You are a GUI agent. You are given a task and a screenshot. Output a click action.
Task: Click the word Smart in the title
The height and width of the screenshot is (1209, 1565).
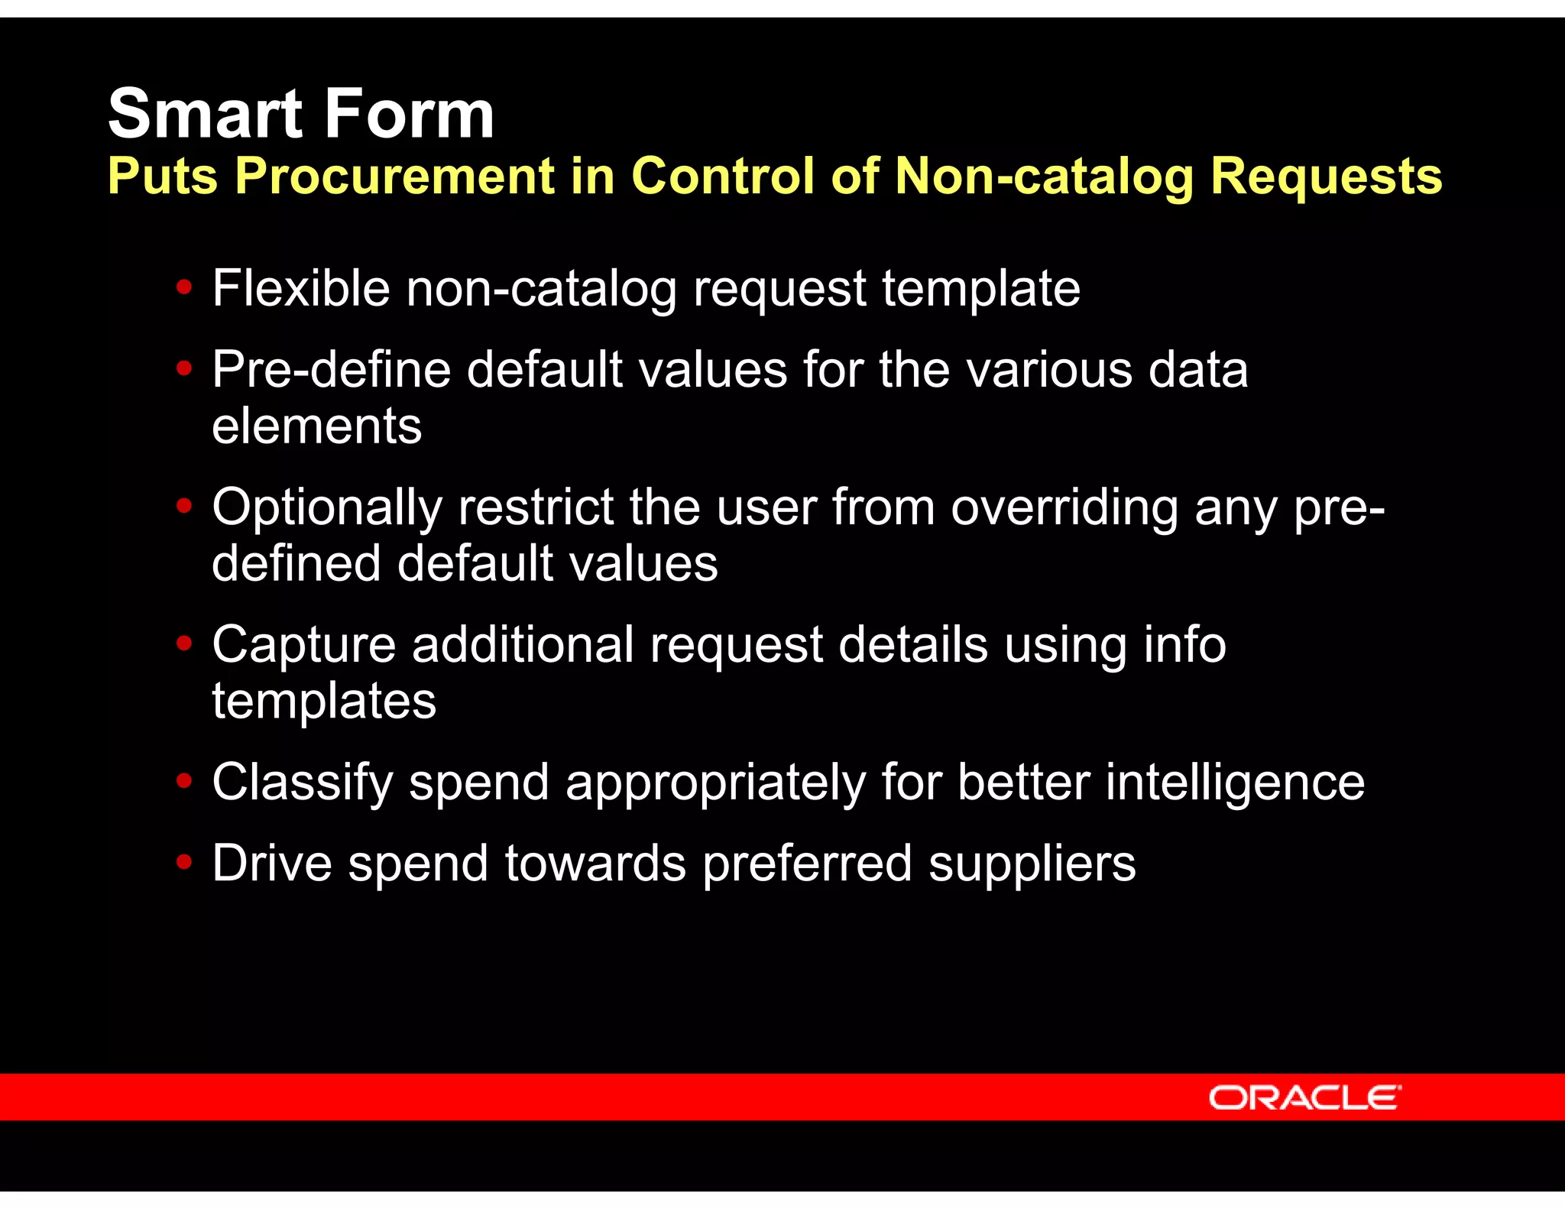(205, 114)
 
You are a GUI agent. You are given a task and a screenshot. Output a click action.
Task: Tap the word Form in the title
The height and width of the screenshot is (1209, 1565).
(410, 114)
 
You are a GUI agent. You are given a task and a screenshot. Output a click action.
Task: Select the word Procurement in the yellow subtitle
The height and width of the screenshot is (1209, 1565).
(394, 176)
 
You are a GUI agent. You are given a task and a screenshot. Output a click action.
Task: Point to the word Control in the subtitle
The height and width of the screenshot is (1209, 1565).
(723, 176)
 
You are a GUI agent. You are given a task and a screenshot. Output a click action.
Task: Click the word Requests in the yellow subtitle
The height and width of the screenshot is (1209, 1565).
(1326, 176)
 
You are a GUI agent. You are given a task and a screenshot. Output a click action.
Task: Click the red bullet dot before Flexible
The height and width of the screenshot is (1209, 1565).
(183, 288)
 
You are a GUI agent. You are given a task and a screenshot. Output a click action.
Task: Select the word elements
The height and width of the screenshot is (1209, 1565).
(316, 426)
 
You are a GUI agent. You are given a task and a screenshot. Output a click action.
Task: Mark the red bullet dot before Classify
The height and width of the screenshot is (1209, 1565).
(183, 781)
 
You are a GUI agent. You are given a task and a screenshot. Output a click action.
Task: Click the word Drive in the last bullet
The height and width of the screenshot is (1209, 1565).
(272, 864)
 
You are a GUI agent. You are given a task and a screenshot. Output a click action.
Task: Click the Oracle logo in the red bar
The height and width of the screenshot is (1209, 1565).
(1304, 1097)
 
